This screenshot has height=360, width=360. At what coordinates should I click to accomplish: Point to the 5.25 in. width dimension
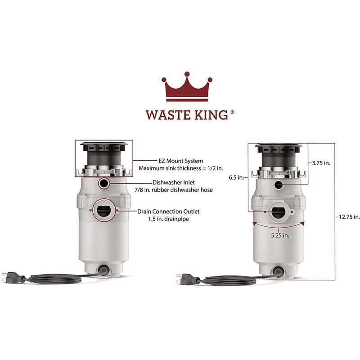pos(279,235)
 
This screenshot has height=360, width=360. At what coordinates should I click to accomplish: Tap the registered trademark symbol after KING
pos(232,112)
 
